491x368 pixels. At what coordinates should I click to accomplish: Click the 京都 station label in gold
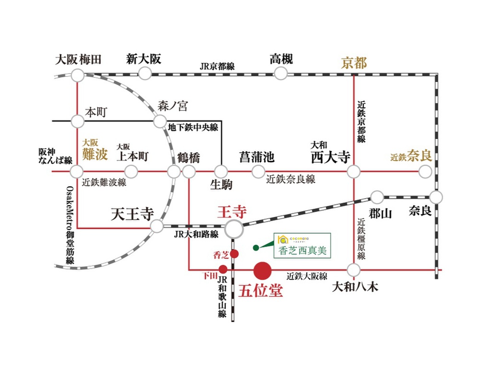point(354,63)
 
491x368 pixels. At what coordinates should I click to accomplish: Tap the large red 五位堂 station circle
point(262,270)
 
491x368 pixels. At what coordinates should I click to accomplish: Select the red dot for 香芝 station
point(234,254)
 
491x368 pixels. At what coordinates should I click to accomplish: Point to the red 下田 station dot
point(223,269)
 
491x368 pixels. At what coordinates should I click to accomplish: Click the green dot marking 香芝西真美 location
point(256,248)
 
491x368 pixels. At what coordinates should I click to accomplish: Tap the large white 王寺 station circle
point(234,229)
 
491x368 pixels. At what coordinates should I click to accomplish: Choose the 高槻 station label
point(281,59)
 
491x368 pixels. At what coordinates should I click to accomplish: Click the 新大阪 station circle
point(144,74)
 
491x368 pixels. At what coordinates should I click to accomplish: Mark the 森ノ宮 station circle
point(160,121)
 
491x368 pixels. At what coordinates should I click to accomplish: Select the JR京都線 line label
point(217,66)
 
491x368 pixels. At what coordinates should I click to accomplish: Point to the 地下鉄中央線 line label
point(193,127)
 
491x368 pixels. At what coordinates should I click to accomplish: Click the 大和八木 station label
point(355,287)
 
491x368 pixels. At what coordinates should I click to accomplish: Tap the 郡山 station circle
point(377,197)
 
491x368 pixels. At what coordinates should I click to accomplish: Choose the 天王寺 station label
point(133,214)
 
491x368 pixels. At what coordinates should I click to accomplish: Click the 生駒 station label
point(221,184)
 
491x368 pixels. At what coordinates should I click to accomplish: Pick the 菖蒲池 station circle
point(258,172)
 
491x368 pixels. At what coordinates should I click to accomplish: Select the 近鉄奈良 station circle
point(425,172)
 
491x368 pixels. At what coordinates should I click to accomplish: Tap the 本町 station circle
point(77,121)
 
